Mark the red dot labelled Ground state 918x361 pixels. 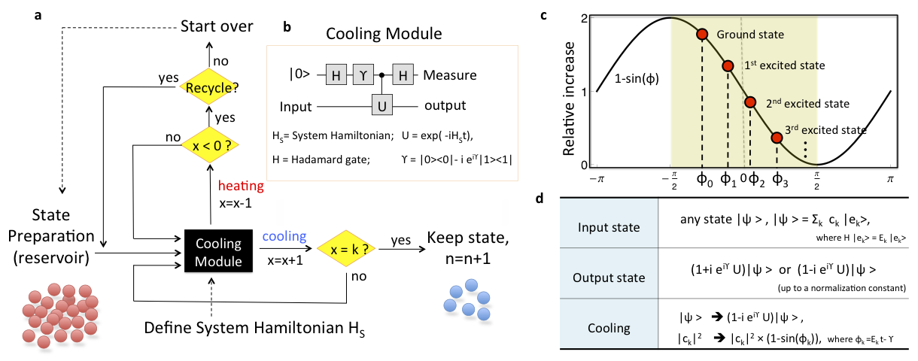tap(702, 34)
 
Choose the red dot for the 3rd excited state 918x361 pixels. tap(777, 138)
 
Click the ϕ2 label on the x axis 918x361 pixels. tap(754, 180)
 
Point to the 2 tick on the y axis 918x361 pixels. tap(583, 17)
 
